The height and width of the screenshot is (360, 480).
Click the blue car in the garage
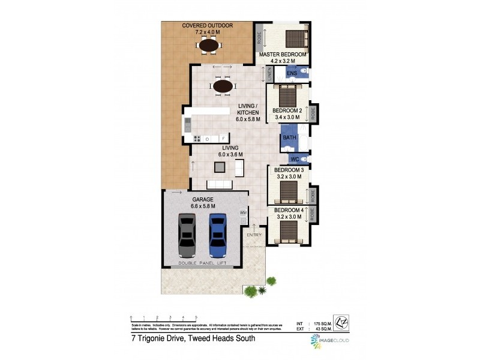217,235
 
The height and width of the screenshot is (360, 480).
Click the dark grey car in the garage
187,235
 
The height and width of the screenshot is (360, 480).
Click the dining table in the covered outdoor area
209,44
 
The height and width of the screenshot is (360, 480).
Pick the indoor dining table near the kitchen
223,86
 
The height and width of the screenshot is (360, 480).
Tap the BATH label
290,138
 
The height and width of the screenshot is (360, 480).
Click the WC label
294,159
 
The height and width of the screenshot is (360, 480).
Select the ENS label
292,73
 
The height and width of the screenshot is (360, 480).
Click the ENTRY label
255,234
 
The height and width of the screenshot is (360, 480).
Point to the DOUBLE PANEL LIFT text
205,263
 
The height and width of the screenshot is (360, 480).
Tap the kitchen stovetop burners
196,139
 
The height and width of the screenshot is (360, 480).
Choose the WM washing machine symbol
243,212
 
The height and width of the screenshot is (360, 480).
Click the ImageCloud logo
329,340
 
